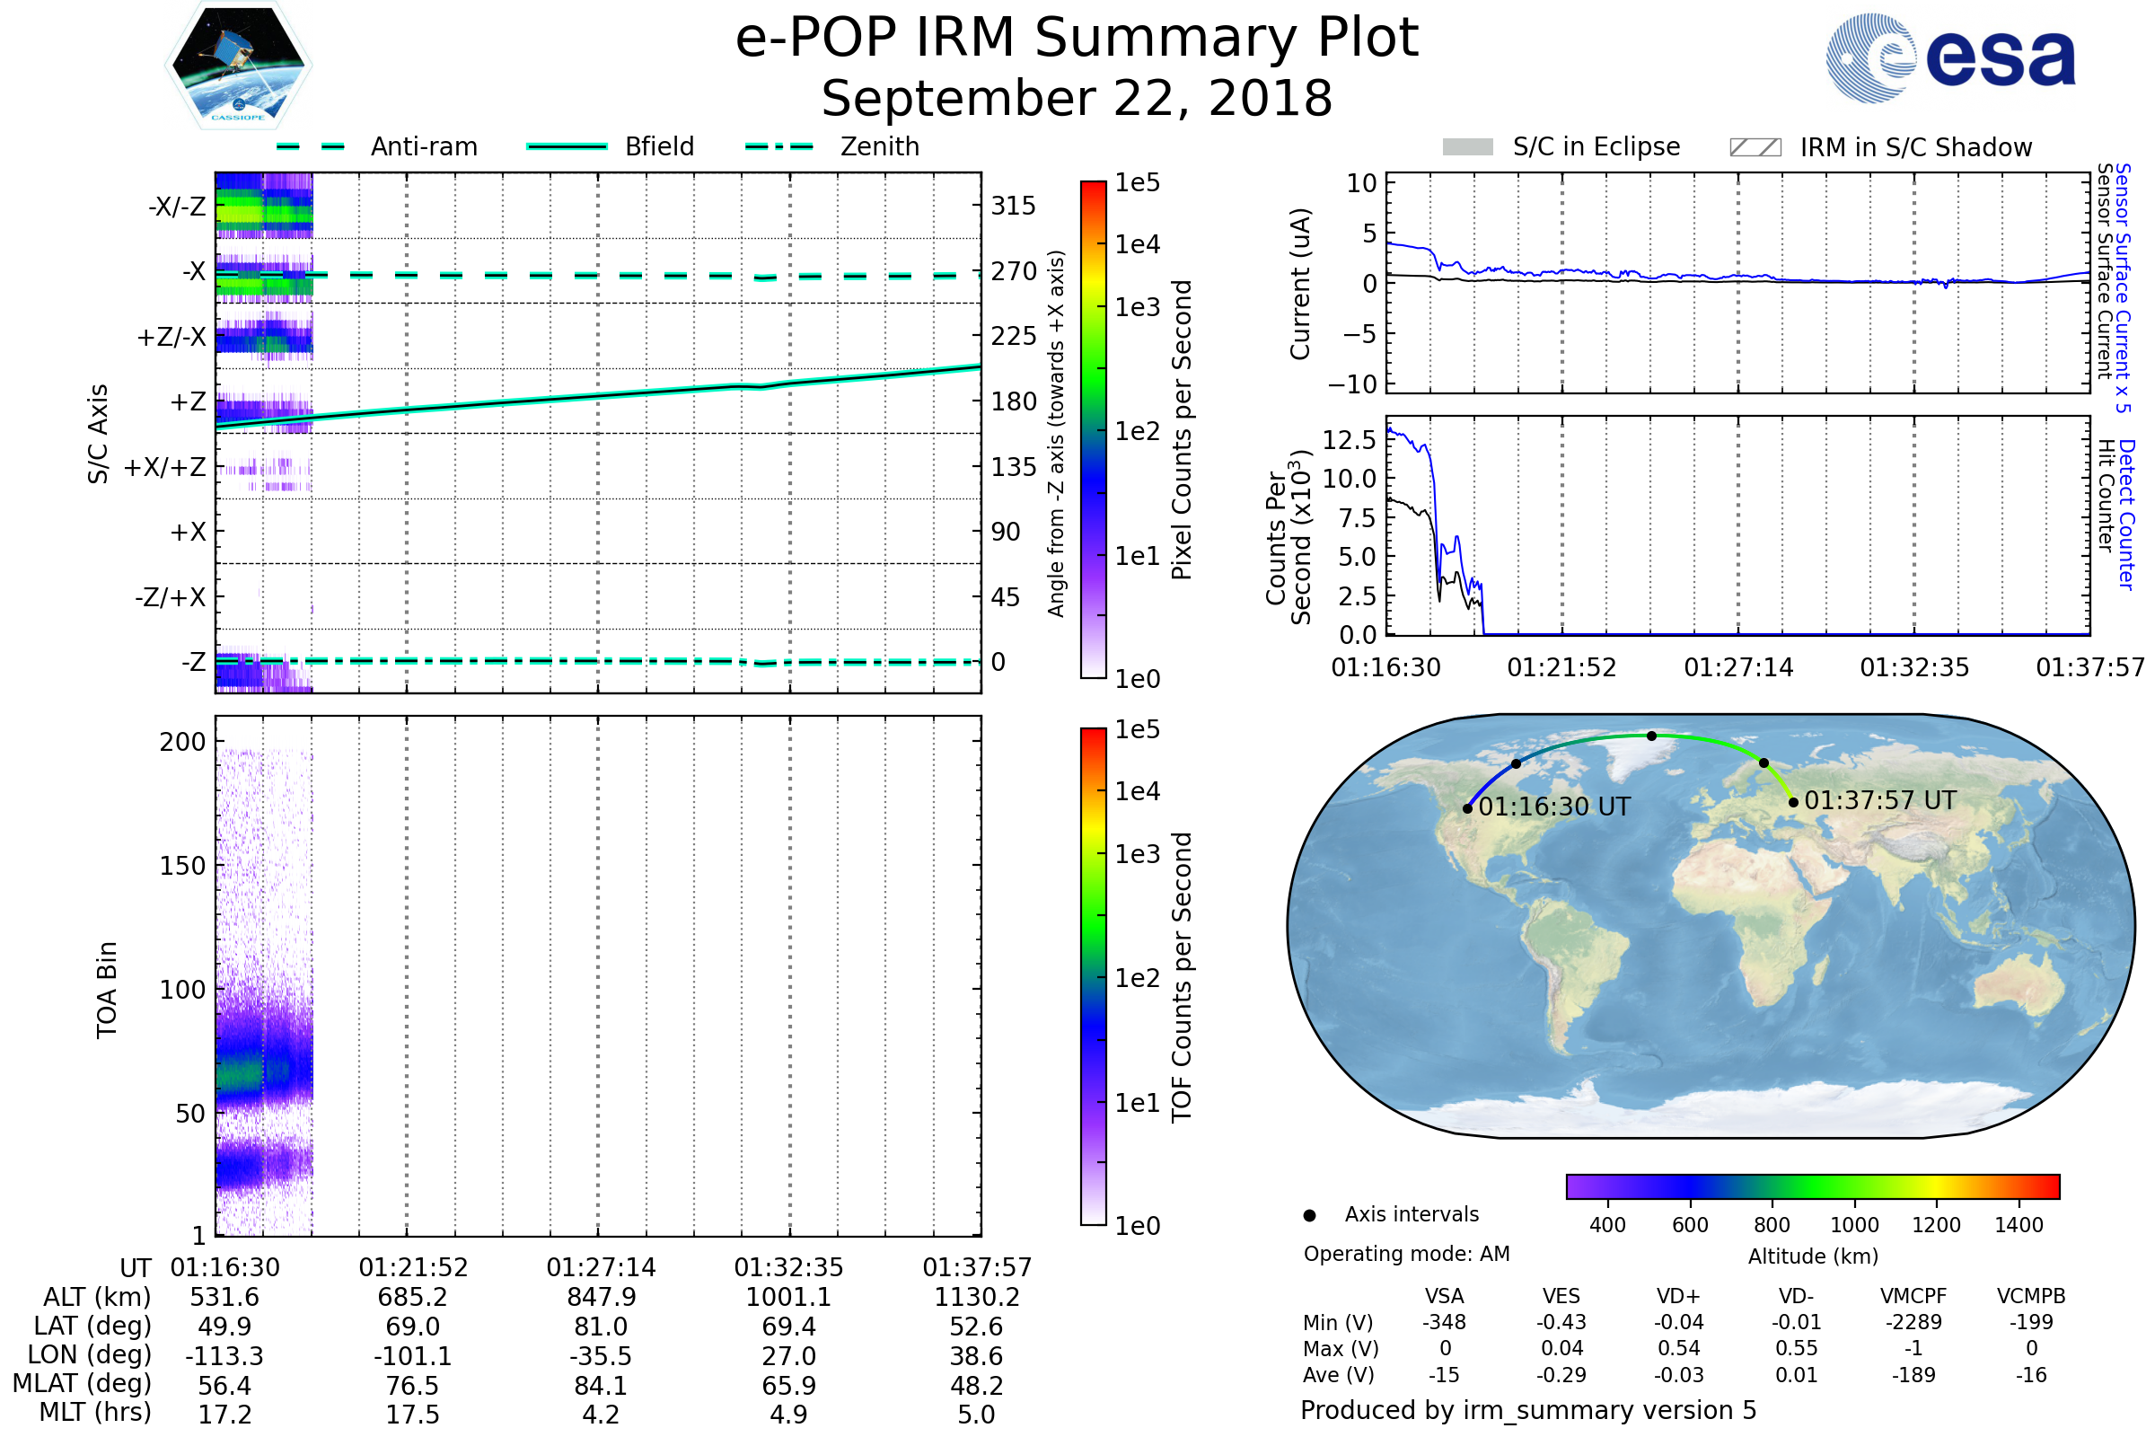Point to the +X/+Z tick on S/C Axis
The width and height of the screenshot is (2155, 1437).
point(165,467)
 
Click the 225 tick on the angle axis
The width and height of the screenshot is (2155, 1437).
point(1014,336)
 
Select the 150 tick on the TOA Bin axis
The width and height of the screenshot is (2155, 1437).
point(182,866)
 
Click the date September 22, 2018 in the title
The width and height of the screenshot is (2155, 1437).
point(1077,98)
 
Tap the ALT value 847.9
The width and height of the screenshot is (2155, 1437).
point(601,1297)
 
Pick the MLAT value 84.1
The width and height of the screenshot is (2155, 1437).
point(601,1385)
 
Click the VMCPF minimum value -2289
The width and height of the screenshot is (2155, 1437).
point(1913,1322)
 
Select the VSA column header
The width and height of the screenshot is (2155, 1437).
point(1444,1296)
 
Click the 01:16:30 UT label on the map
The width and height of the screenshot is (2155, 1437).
point(1554,807)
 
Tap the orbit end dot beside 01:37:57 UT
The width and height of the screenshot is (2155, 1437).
point(1793,803)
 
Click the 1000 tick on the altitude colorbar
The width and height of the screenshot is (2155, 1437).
point(1854,1225)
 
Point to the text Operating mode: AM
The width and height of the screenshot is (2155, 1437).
point(1406,1254)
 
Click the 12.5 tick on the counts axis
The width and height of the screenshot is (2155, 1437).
point(1350,440)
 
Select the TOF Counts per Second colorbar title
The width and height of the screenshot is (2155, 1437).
point(1182,977)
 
